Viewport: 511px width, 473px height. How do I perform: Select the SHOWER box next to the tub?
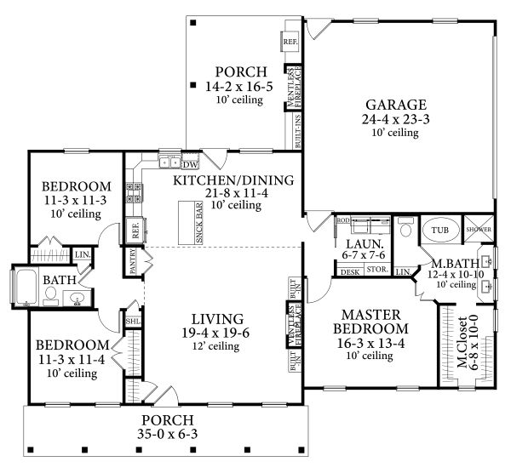pos(475,230)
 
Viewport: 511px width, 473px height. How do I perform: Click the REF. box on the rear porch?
pos(290,39)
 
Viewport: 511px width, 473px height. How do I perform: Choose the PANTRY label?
pos(134,263)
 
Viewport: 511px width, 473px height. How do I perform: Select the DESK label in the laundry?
pos(349,271)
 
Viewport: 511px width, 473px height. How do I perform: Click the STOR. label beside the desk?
pos(377,271)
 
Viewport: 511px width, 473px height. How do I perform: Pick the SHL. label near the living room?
pos(133,322)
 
